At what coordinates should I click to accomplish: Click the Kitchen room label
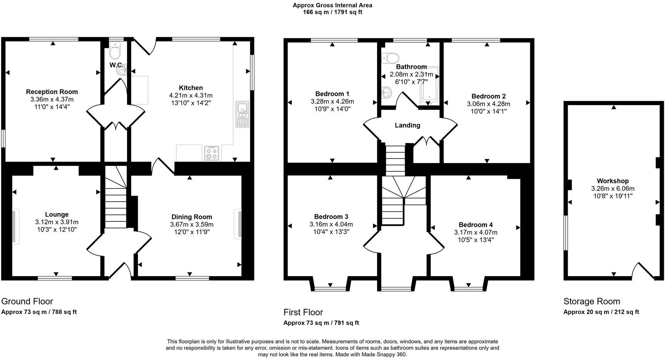click(190, 88)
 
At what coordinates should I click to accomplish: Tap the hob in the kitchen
click(212, 153)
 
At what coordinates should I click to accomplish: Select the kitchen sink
click(242, 114)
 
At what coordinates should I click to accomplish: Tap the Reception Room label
click(52, 92)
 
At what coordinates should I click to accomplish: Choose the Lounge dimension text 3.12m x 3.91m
click(57, 222)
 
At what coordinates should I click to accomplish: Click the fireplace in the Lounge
click(15, 226)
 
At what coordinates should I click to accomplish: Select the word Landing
click(408, 125)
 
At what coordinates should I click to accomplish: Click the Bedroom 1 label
click(332, 94)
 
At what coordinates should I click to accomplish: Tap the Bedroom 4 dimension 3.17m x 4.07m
click(476, 232)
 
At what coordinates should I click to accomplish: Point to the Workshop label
click(613, 181)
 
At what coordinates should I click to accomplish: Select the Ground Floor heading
click(27, 301)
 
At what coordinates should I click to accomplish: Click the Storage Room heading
click(591, 301)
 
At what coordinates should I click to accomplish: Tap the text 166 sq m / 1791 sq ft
click(332, 12)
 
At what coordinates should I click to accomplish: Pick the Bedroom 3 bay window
click(330, 288)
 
